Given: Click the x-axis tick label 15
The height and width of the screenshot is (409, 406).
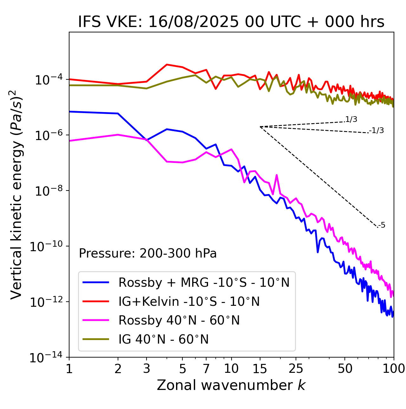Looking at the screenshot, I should (x=260, y=368).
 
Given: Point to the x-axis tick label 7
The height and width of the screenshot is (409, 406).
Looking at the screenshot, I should (x=206, y=368).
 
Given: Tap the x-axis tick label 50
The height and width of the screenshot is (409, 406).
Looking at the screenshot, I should (x=345, y=368).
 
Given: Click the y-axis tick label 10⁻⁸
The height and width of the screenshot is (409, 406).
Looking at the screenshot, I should (x=47, y=191).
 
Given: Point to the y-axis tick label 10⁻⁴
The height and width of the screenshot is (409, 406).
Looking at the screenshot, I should (x=47, y=80).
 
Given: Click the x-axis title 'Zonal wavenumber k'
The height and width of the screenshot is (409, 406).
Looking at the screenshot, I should (x=231, y=385).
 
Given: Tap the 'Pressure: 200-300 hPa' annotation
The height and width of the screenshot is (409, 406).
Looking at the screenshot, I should (x=148, y=253).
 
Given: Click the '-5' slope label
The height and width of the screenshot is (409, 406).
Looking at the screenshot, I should (x=382, y=225).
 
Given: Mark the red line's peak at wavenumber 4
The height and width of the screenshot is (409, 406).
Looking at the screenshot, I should (x=167, y=64).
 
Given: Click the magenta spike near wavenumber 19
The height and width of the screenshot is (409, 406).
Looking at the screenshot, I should (x=277, y=175).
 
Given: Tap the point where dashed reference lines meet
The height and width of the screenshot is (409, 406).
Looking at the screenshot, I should (x=260, y=127).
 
